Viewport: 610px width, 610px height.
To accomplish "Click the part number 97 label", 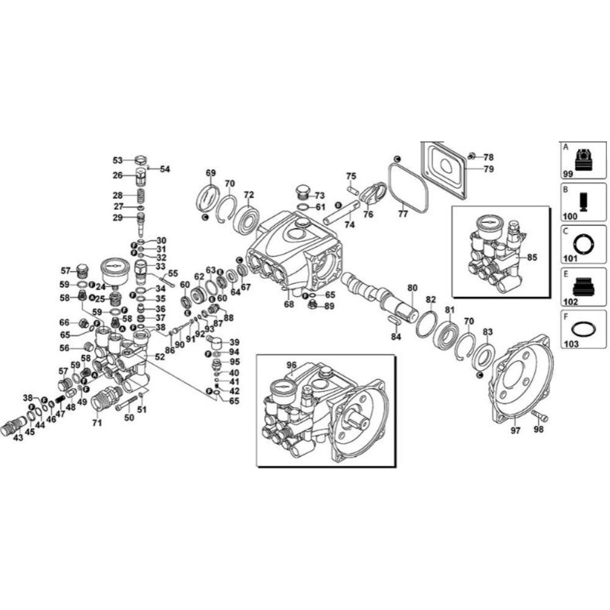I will point(515,431).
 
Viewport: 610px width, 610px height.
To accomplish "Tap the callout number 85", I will point(532,257).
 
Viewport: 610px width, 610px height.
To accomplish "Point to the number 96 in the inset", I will point(292,365).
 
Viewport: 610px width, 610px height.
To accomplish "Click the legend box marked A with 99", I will point(583,160).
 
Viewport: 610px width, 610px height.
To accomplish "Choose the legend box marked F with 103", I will point(583,329).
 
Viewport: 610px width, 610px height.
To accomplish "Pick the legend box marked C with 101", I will point(583,245).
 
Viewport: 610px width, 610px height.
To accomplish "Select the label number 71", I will point(96,422).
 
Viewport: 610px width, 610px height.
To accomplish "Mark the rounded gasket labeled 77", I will point(407,184).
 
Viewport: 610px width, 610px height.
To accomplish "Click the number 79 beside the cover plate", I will point(489,169).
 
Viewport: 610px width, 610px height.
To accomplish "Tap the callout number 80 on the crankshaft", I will point(412,287).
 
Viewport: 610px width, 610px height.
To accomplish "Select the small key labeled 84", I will point(393,320).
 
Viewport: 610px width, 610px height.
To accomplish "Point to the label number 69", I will point(211,173).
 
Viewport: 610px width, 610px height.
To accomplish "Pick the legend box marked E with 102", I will point(583,287).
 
